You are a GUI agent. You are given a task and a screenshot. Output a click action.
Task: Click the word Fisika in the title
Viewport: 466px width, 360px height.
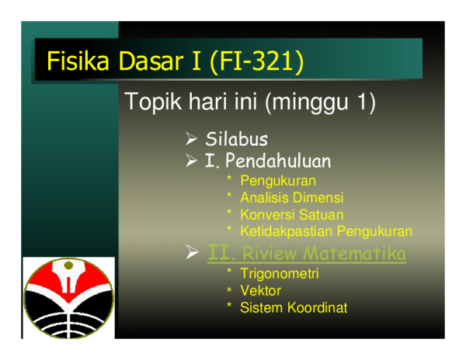coord(78,61)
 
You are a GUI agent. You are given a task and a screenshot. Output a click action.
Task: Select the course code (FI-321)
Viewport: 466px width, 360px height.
coord(256,61)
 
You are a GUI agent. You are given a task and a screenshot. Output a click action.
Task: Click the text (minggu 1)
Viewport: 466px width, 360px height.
coord(320,102)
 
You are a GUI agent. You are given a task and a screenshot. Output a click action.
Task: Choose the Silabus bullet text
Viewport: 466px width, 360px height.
coord(237,139)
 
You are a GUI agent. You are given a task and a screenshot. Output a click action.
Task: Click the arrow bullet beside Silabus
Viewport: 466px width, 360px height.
coord(191,139)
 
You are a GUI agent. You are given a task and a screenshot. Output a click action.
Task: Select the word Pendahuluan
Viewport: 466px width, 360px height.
coord(278,161)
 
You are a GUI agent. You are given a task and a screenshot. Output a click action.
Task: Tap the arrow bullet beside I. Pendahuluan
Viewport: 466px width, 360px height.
coord(191,161)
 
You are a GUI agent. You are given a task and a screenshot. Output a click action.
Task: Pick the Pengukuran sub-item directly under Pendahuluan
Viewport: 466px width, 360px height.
coord(278,181)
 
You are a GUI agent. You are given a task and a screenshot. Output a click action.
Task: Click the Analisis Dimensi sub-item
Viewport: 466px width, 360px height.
coord(292,197)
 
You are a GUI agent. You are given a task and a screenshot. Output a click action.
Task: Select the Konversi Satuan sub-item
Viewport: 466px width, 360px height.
coord(292,214)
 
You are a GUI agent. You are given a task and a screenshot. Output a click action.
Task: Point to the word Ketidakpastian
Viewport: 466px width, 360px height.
coord(286,231)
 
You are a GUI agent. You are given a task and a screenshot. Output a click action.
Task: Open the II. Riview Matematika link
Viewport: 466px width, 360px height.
coord(307,254)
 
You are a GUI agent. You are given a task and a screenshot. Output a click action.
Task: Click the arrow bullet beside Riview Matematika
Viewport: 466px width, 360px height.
coord(192,252)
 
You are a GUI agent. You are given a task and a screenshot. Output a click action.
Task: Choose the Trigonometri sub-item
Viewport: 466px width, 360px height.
coord(280,274)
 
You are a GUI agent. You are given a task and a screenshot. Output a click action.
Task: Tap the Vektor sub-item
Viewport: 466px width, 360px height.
coord(261,290)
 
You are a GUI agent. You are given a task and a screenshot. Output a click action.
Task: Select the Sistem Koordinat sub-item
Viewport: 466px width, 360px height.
coord(294,307)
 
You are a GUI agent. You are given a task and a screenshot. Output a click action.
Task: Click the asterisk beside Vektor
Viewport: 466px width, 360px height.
coord(229,289)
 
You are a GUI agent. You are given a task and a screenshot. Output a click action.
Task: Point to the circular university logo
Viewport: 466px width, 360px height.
coord(68,298)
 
